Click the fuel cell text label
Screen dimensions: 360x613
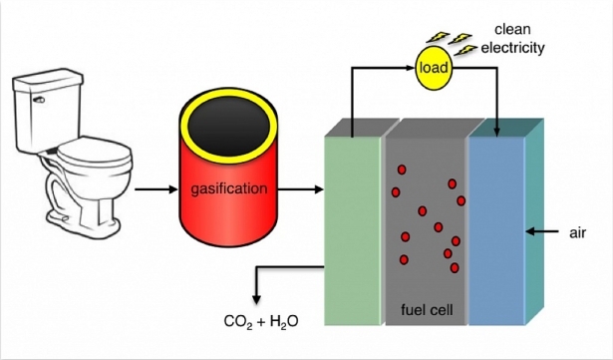coord(426,310)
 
